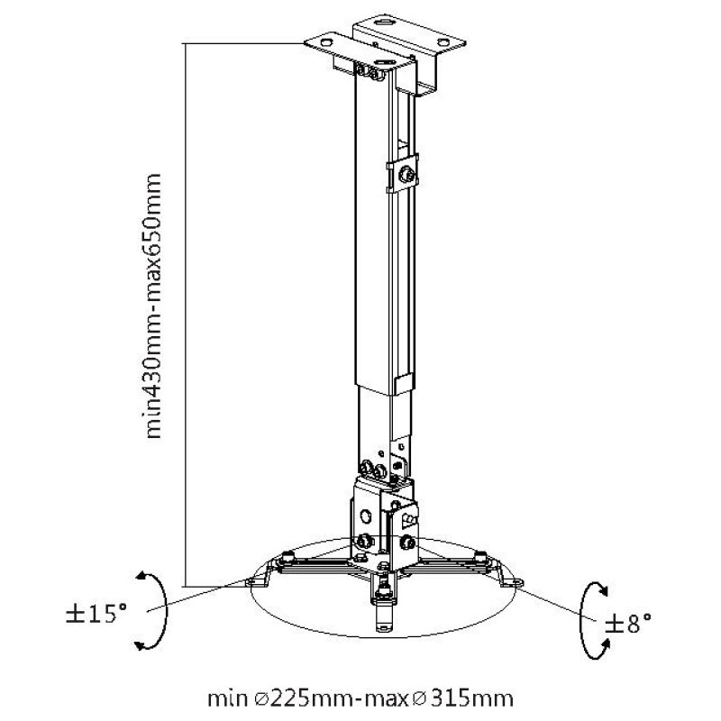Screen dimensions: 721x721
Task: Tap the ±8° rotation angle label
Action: [627, 622]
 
